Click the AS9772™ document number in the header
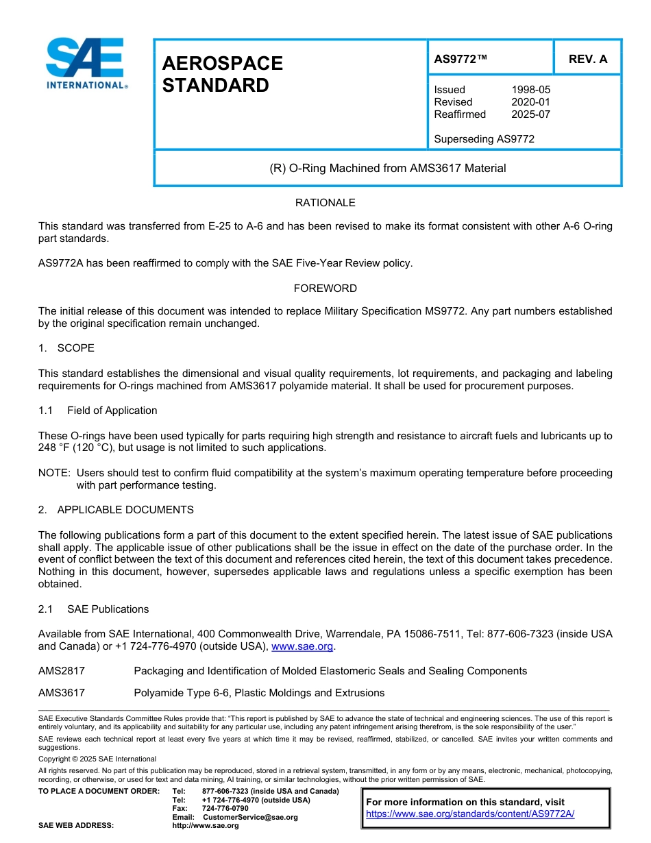tap(460, 59)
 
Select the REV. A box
tap(587, 59)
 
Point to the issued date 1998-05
tap(530, 90)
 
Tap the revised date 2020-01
tap(530, 102)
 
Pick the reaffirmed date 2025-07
tap(530, 114)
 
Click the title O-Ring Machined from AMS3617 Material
tap(388, 168)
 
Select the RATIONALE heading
tap(325, 203)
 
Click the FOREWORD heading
tap(325, 289)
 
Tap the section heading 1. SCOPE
tap(66, 348)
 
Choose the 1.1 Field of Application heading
tap(98, 411)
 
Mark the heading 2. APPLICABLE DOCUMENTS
tap(116, 510)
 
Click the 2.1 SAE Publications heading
tap(94, 609)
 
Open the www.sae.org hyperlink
tap(302, 646)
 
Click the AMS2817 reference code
tap(62, 671)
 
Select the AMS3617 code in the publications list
tap(62, 693)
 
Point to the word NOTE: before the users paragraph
tap(54, 473)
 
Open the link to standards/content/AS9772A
tap(470, 814)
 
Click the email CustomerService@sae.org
tap(250, 817)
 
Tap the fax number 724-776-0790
tap(225, 809)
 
